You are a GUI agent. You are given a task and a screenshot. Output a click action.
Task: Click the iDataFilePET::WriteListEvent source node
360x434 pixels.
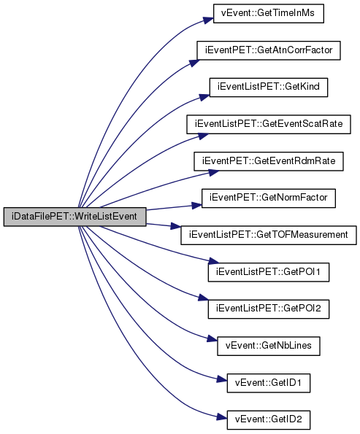click(x=74, y=217)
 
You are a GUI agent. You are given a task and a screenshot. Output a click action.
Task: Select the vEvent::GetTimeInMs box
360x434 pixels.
click(x=268, y=13)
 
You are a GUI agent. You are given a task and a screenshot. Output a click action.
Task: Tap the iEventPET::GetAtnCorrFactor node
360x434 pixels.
click(x=269, y=50)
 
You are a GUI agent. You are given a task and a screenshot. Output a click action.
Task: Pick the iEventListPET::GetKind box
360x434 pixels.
click(x=269, y=88)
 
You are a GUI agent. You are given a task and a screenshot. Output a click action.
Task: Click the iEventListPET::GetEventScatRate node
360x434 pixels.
click(x=269, y=124)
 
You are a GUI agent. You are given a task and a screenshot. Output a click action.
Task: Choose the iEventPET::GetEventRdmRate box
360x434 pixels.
click(x=269, y=161)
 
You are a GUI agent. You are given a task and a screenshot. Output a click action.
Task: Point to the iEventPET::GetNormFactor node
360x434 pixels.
click(x=269, y=198)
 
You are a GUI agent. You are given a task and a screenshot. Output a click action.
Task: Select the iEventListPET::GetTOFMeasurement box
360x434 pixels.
click(x=269, y=236)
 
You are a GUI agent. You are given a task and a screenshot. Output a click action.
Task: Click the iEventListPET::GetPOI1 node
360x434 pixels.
click(x=269, y=272)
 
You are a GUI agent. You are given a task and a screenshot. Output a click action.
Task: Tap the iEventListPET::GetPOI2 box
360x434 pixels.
click(x=269, y=309)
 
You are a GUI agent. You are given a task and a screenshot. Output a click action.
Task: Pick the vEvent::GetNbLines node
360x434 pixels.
click(x=269, y=346)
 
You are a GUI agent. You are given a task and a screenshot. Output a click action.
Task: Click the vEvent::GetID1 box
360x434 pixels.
click(x=269, y=383)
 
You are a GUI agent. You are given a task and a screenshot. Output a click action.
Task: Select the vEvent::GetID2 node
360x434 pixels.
click(x=269, y=420)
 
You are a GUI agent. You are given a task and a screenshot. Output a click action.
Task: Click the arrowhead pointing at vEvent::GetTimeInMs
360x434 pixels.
click(x=208, y=20)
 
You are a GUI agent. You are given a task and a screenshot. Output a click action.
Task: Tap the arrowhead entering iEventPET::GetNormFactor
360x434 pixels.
click(x=196, y=205)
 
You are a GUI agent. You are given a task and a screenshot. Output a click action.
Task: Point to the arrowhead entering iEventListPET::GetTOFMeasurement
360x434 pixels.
click(x=176, y=226)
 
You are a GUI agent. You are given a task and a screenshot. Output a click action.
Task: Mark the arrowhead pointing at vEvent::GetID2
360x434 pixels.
click(x=222, y=417)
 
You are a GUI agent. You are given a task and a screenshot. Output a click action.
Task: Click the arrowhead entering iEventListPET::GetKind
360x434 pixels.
click(x=204, y=96)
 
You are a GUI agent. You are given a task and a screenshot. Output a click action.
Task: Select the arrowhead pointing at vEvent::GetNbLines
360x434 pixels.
click(x=212, y=339)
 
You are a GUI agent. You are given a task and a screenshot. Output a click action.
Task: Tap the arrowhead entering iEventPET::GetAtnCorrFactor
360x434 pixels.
click(x=194, y=63)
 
